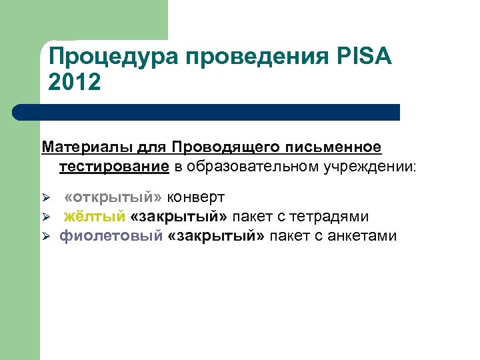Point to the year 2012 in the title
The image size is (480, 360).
click(x=75, y=83)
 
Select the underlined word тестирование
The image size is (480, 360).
click(x=114, y=165)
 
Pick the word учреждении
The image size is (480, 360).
click(x=369, y=165)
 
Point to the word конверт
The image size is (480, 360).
click(x=196, y=198)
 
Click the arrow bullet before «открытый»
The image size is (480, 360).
click(x=46, y=199)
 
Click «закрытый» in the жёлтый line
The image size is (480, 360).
click(x=179, y=217)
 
